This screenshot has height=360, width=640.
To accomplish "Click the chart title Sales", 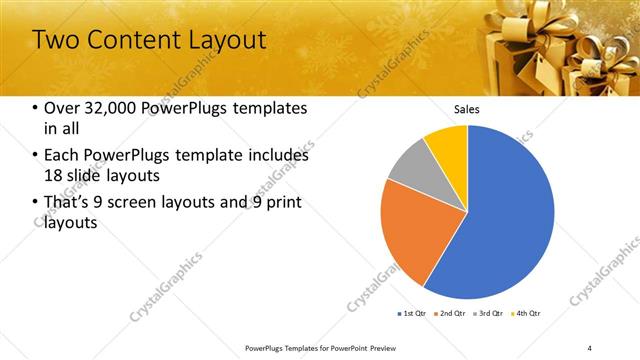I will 467,108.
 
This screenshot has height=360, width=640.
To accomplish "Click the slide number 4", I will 590,348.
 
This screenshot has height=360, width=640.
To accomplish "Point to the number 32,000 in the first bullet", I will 107,108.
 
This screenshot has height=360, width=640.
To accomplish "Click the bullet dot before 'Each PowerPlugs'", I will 36,156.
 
